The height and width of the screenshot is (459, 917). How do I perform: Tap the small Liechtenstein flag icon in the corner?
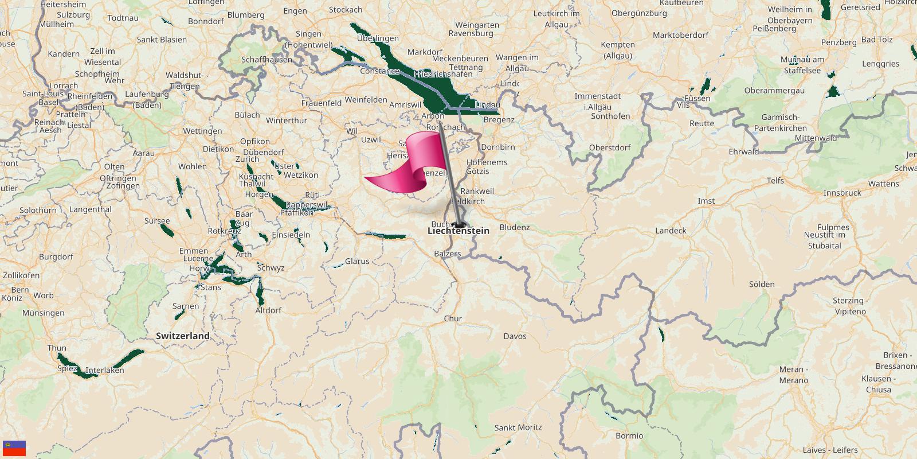click(x=14, y=448)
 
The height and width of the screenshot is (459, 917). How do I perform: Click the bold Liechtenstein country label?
click(x=458, y=231)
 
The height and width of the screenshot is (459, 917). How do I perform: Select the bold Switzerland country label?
click(x=183, y=336)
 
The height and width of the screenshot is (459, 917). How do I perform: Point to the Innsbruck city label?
click(x=842, y=193)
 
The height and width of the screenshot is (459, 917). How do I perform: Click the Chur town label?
click(x=453, y=318)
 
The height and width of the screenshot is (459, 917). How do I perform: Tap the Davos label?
click(x=515, y=336)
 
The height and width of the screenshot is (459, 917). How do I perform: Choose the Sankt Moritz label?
click(x=518, y=427)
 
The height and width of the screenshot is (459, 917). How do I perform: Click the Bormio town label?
click(x=629, y=436)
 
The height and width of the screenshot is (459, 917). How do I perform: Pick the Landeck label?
click(x=671, y=231)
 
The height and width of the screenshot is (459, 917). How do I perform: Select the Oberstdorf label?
click(x=610, y=147)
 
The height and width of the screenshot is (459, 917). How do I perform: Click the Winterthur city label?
click(x=287, y=120)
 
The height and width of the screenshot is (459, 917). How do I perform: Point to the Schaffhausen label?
click(x=267, y=60)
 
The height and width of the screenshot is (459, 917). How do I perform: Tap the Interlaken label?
click(x=105, y=371)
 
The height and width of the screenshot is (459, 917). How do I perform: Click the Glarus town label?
click(x=357, y=261)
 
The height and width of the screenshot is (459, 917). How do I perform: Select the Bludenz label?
click(x=515, y=227)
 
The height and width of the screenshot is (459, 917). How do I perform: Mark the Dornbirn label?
click(x=498, y=147)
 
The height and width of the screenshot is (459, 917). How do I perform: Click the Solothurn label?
click(x=38, y=211)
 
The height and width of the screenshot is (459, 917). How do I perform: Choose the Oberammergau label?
click(x=774, y=91)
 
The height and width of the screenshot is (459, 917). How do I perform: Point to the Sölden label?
click(x=762, y=285)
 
